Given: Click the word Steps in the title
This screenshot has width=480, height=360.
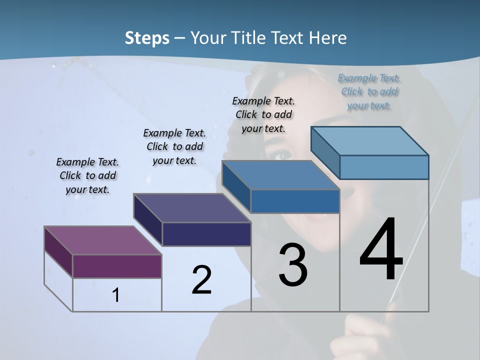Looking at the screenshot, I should pos(146,38).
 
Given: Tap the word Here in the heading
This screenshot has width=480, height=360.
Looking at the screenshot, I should pos(328,38).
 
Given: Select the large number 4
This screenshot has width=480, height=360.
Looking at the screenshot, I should pos(381,250).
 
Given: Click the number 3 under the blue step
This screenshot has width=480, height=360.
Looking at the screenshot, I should pos(293,265).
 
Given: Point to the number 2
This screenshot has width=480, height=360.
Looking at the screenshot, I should pos(201,280).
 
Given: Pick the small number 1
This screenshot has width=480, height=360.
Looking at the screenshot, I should pos(116,295).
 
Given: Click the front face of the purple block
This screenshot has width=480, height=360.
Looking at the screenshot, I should pos(117,266).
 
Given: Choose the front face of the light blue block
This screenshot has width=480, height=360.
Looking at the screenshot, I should pos(384,167).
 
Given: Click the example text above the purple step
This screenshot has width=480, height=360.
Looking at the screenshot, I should pos(87,176).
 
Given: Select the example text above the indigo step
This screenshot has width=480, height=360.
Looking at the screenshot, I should pos(174,146).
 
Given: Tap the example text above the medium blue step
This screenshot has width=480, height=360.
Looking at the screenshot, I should pos(263,114).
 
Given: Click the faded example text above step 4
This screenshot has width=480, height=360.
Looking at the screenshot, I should pos(369,91).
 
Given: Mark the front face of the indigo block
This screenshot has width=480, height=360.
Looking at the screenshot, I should pos(206,234).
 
